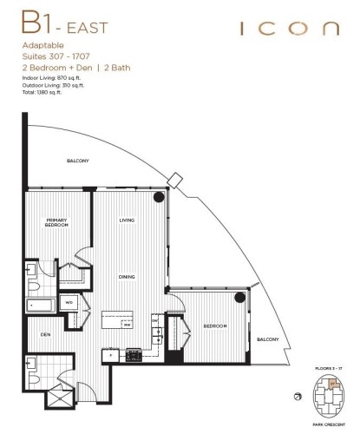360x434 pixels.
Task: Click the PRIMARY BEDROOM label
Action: click(x=57, y=224)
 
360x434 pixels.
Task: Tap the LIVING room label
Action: click(x=127, y=221)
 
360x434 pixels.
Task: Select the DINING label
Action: click(x=127, y=276)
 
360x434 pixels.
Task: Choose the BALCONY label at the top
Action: click(x=78, y=161)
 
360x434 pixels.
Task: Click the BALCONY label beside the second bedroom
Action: click(x=266, y=339)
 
